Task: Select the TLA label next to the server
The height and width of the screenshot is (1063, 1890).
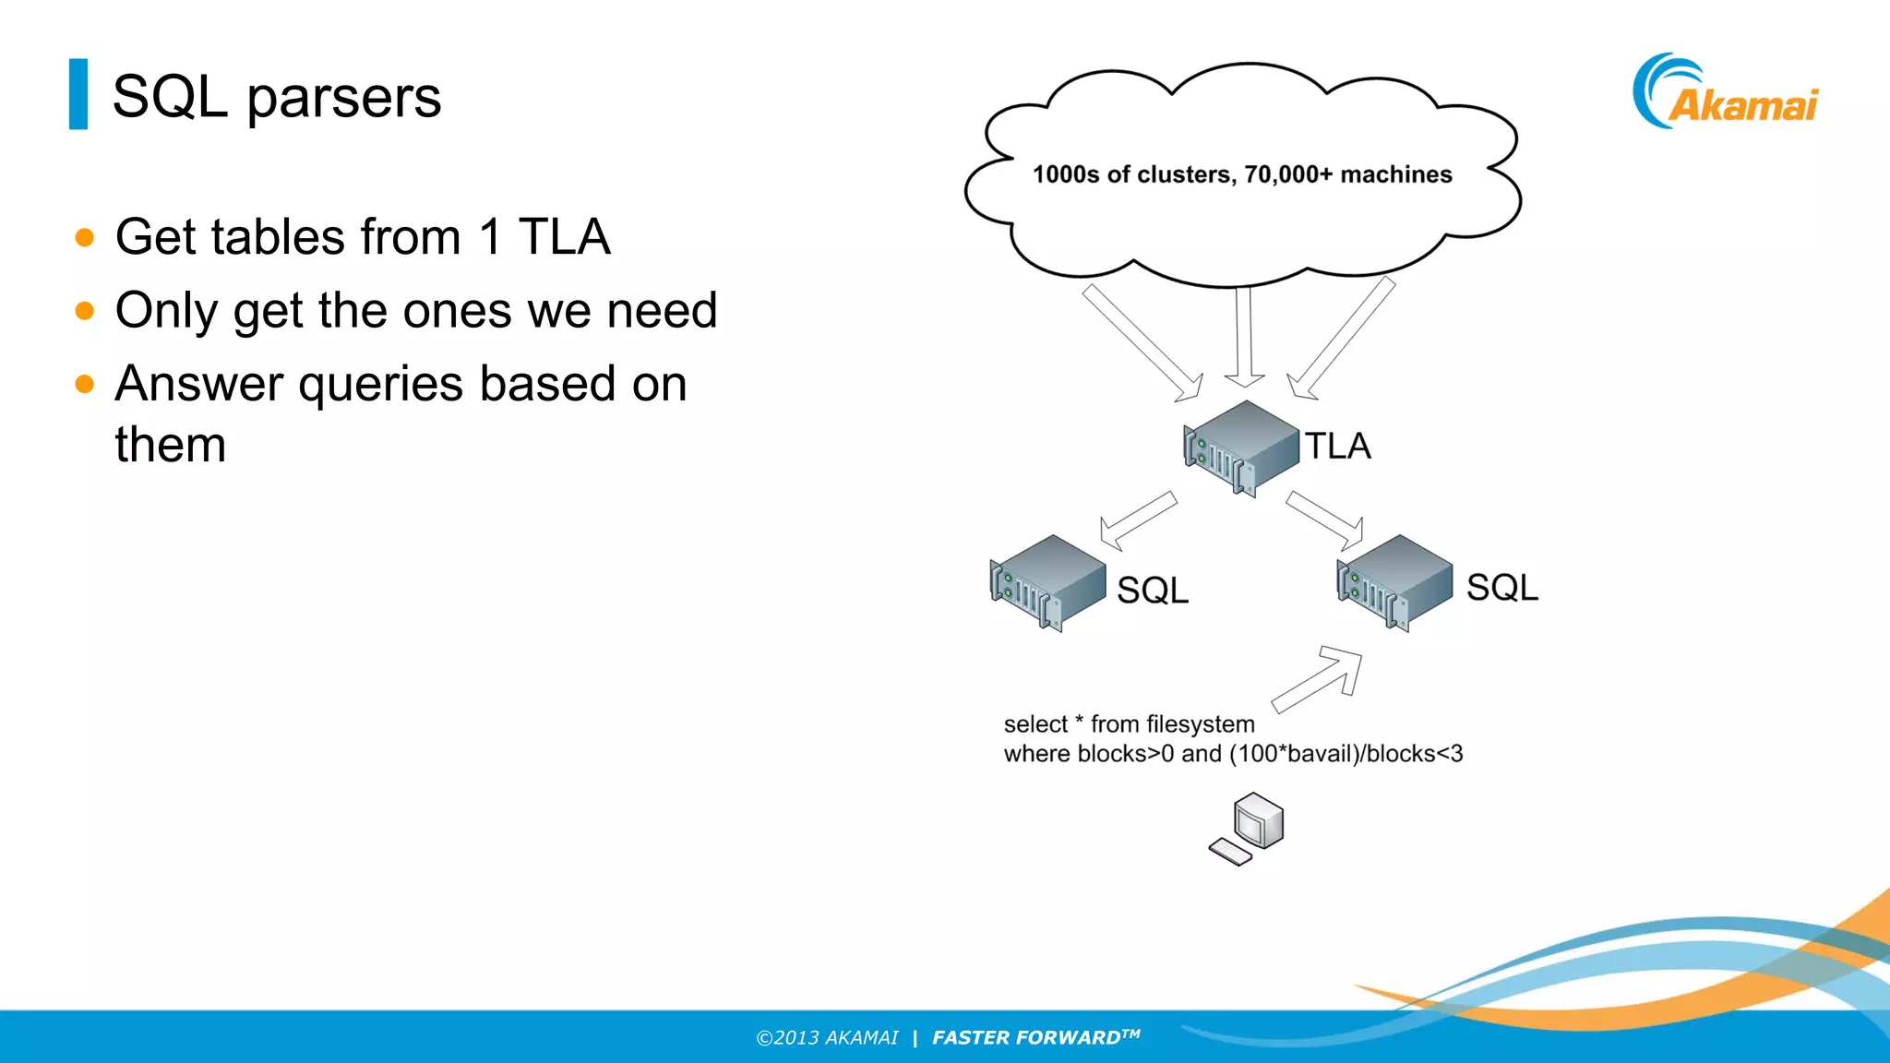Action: click(1337, 447)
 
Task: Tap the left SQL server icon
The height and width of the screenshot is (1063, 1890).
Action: click(1048, 583)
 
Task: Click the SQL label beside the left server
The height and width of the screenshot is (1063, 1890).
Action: click(1153, 591)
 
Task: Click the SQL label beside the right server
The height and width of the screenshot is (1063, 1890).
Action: click(1502, 588)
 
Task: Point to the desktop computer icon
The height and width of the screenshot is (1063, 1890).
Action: click(1249, 829)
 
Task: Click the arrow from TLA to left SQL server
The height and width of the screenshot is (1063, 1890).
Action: click(1136, 521)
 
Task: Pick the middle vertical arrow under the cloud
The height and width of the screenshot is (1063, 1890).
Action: click(1244, 337)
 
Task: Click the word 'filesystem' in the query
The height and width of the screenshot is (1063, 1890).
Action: click(1200, 724)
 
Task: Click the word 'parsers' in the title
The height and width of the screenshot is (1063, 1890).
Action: click(343, 97)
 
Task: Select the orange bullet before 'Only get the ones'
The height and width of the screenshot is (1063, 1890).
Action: click(85, 311)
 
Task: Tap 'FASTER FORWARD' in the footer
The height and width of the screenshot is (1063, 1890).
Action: click(1026, 1038)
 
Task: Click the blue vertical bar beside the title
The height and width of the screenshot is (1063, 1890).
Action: click(78, 94)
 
